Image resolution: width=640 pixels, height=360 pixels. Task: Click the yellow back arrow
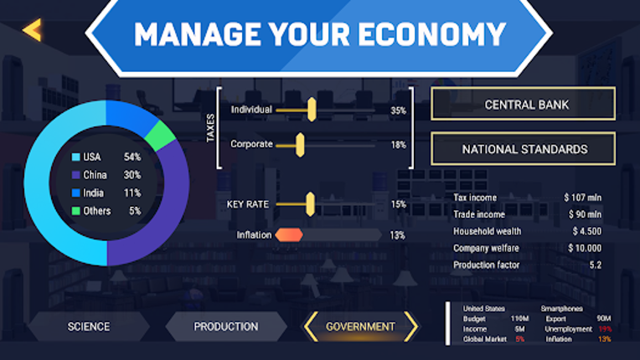(x=32, y=30)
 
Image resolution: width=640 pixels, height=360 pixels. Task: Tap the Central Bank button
(x=523, y=105)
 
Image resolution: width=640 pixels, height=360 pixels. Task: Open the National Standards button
(x=523, y=150)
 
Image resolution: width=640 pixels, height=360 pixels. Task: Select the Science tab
(x=89, y=327)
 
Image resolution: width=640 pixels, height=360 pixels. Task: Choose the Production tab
(x=226, y=327)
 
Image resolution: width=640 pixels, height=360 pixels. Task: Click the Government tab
(x=360, y=327)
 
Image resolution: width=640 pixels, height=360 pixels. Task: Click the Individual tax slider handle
(x=312, y=110)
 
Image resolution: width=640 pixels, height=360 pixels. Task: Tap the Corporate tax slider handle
(x=299, y=145)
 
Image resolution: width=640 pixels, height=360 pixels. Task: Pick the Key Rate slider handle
(x=309, y=203)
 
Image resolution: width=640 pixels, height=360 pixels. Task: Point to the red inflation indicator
(x=289, y=235)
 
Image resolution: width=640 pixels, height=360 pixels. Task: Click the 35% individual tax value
(x=398, y=111)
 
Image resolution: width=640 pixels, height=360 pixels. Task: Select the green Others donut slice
(x=159, y=135)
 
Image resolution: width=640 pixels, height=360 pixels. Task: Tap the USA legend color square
(x=75, y=157)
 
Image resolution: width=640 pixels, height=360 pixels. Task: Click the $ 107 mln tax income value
(x=582, y=198)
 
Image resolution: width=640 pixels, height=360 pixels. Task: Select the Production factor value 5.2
(x=595, y=265)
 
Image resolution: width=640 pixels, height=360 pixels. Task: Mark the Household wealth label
(x=487, y=231)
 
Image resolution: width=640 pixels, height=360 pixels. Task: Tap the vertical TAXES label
(x=211, y=127)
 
